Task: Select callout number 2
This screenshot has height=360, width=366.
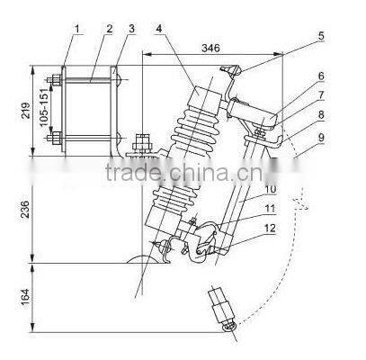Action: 109,29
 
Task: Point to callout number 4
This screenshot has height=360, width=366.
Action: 159,29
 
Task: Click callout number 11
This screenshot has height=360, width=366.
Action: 271,209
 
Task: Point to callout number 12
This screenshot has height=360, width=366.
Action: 271,229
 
